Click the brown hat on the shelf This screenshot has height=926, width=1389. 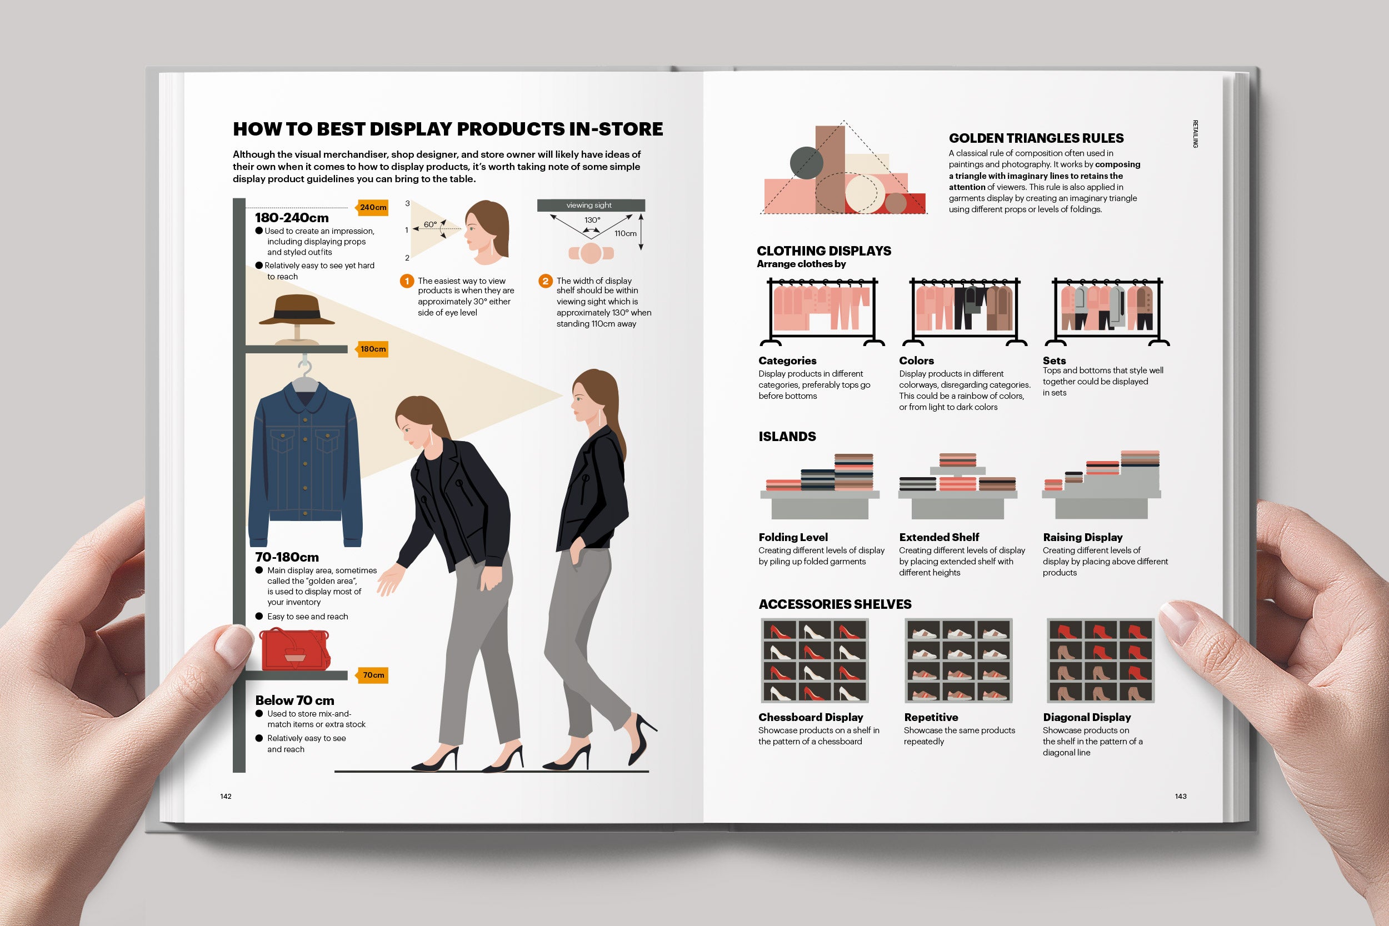(x=297, y=312)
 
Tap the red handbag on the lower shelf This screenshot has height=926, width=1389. (x=293, y=649)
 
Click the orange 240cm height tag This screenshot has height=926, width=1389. (x=372, y=207)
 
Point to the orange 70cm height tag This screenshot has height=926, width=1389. (x=372, y=675)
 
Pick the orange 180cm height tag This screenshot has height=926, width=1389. (x=372, y=349)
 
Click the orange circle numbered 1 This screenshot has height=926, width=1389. (x=406, y=281)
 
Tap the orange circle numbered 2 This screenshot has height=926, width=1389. (x=545, y=281)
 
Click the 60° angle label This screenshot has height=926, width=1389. (x=430, y=224)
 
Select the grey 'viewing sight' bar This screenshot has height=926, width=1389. (x=591, y=205)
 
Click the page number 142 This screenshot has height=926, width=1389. (x=226, y=796)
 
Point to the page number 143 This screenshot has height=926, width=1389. (x=1180, y=796)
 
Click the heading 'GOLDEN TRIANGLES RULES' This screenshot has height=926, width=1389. (x=1036, y=138)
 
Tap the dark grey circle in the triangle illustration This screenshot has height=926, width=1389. (x=806, y=163)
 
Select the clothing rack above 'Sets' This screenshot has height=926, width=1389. (x=1107, y=311)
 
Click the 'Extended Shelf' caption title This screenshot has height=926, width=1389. (x=938, y=537)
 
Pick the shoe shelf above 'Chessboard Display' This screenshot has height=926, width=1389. (x=815, y=660)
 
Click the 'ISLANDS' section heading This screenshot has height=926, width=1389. (x=787, y=437)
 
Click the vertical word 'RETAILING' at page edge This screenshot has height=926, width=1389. (x=1195, y=134)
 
